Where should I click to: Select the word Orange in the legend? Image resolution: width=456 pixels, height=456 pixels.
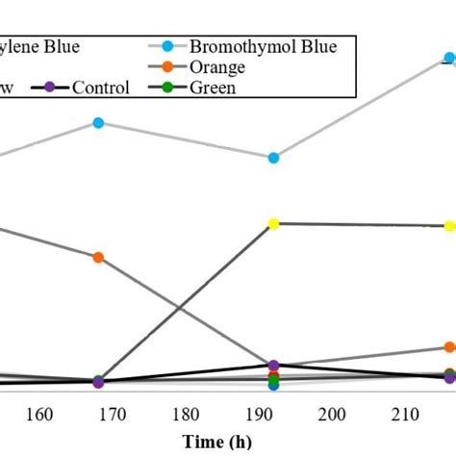(x=216, y=67)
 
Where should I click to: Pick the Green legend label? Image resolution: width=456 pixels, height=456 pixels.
(x=212, y=89)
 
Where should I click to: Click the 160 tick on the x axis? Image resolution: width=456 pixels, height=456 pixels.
(x=39, y=415)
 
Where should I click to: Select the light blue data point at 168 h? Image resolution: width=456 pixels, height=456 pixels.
(x=98, y=122)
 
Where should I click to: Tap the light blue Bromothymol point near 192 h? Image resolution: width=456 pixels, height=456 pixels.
(x=273, y=158)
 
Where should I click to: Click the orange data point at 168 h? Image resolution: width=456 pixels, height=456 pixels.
(x=98, y=257)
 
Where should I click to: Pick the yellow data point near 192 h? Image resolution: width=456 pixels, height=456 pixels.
(x=273, y=224)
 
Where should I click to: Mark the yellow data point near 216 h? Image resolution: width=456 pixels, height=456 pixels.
(x=449, y=226)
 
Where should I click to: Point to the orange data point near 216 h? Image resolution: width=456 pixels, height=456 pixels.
(x=449, y=347)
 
